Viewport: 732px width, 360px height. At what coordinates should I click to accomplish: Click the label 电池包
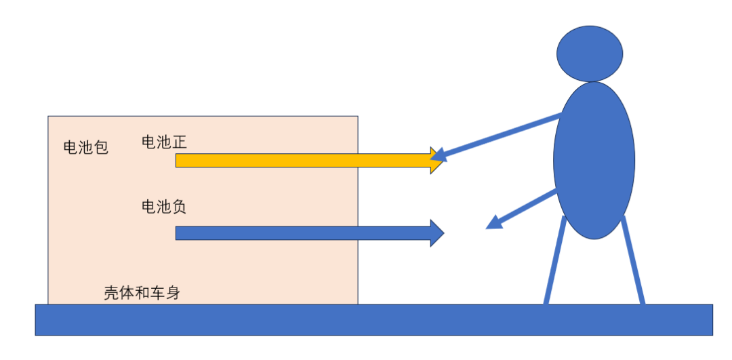[x=85, y=147]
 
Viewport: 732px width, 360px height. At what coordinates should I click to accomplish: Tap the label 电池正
[x=163, y=142]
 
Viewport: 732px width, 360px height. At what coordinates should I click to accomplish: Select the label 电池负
[x=163, y=206]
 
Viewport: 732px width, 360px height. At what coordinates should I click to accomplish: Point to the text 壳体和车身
[x=142, y=293]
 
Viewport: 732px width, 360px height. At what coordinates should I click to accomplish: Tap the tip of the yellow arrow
[x=442, y=161]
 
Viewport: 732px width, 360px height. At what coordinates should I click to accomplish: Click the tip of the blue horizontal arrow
[x=442, y=233]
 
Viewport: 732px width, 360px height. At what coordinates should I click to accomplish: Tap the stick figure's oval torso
[x=594, y=160]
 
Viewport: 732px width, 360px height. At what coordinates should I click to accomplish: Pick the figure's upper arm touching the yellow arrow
[x=502, y=136]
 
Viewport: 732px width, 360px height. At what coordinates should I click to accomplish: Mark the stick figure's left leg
[x=554, y=261]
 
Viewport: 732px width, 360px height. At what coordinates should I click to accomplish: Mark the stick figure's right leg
[x=633, y=261]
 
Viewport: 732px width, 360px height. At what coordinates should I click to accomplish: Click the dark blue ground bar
[x=373, y=319]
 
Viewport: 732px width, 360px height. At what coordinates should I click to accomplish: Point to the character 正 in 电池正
[x=179, y=142]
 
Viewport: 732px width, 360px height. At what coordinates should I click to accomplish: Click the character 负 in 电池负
[x=179, y=206]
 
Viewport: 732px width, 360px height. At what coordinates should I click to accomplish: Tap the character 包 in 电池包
[x=101, y=147]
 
